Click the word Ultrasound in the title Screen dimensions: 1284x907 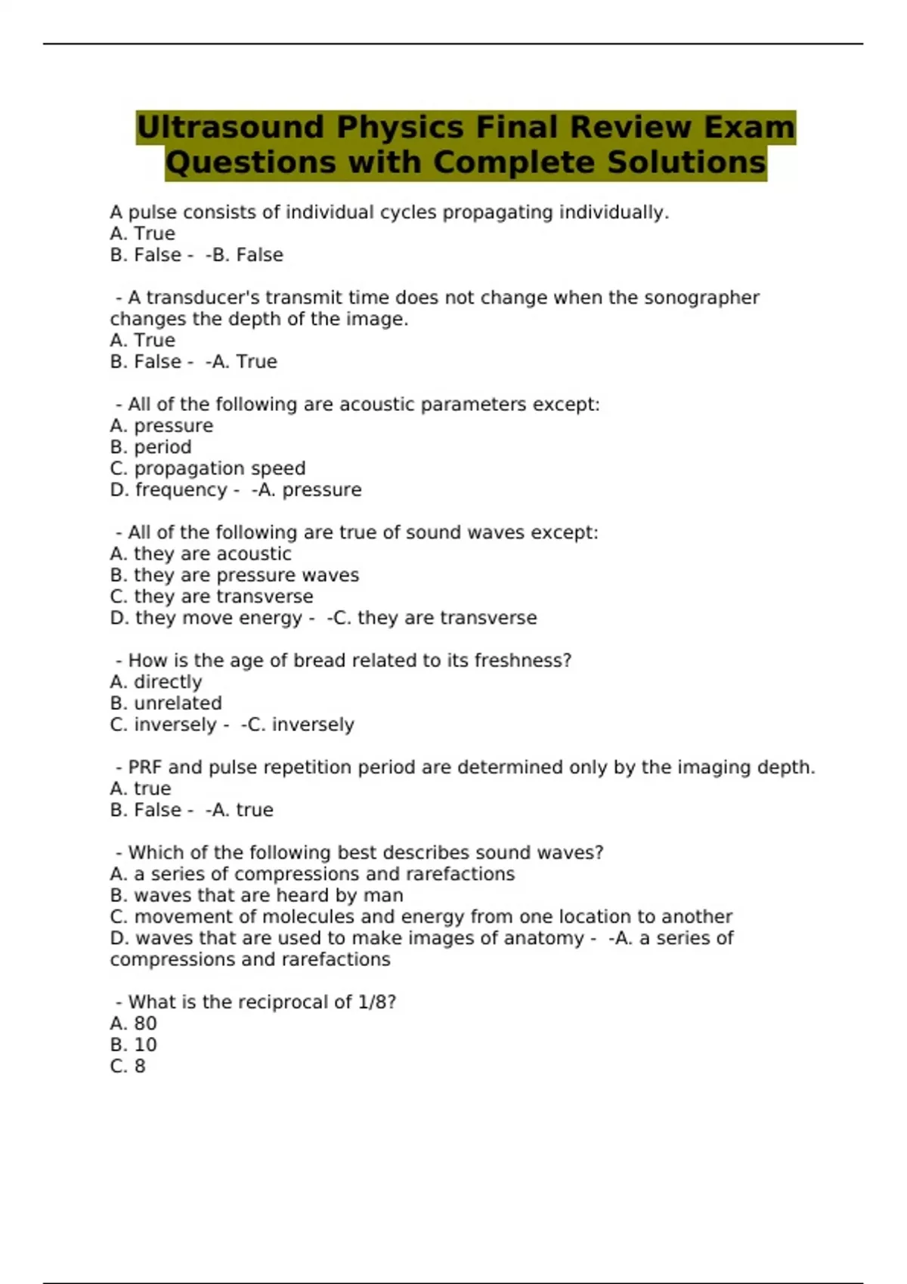coord(231,127)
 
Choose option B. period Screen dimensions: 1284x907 coord(150,447)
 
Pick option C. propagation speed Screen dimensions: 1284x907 coord(208,468)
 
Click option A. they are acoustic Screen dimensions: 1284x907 coord(200,554)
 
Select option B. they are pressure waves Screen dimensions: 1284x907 coord(234,575)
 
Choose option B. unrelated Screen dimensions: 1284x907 coord(166,703)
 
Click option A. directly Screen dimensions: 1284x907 coord(156,682)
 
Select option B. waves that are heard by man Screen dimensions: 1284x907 coord(256,895)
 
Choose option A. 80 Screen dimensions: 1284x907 coord(134,1023)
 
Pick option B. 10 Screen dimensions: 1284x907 coord(134,1045)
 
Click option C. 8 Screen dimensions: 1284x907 coord(128,1066)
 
